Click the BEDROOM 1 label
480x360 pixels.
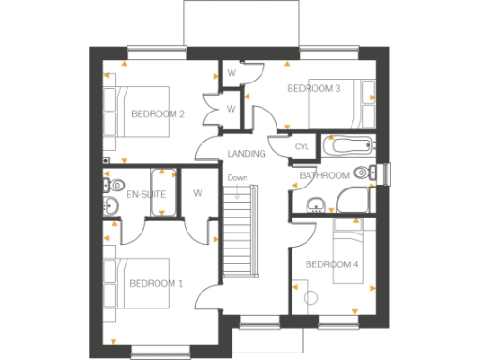point(156,282)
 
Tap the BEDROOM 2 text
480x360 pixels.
point(157,114)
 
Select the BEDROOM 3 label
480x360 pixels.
point(313,89)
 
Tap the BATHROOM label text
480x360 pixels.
point(324,175)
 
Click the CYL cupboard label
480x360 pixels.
point(302,147)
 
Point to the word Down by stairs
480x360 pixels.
point(237,178)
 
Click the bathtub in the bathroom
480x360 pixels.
point(347,146)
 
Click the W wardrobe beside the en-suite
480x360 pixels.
point(198,193)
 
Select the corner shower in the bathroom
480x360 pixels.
point(353,200)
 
